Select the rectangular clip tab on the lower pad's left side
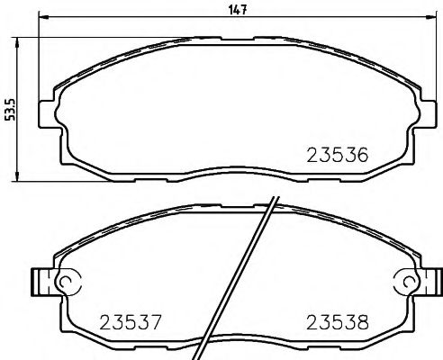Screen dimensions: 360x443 pyautogui.click(x=39, y=282)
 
